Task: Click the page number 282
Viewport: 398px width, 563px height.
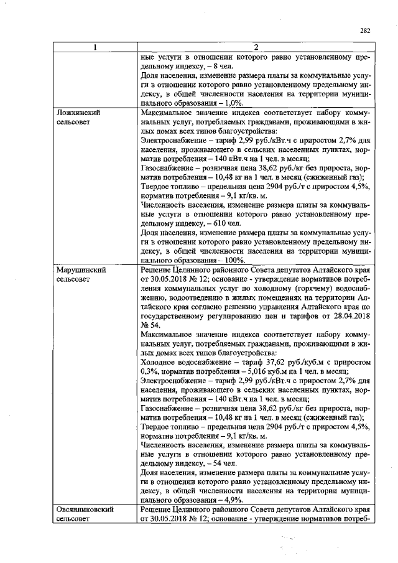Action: pyautogui.click(x=365, y=29)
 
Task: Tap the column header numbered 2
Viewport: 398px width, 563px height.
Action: pyautogui.click(x=256, y=47)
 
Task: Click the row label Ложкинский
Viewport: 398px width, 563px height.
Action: pyautogui.click(x=78, y=113)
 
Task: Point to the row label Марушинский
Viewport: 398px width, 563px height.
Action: pyautogui.click(x=81, y=271)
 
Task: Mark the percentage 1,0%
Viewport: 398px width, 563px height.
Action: pyautogui.click(x=231, y=103)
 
